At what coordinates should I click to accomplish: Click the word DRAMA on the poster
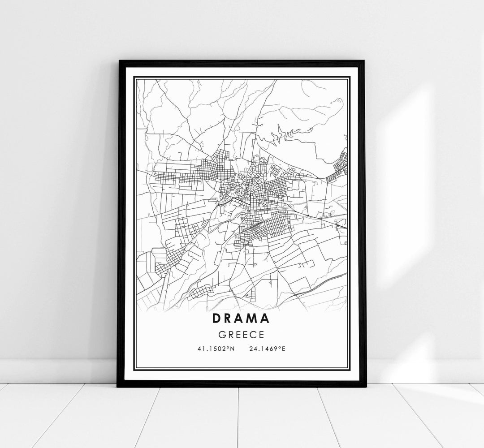coord(242,319)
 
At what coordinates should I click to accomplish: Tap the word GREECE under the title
coord(242,334)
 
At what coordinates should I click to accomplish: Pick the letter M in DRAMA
coord(253,319)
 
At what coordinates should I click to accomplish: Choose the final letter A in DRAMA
coord(265,319)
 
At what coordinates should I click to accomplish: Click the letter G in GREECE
coord(223,334)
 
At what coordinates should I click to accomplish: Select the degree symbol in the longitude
coord(280,347)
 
